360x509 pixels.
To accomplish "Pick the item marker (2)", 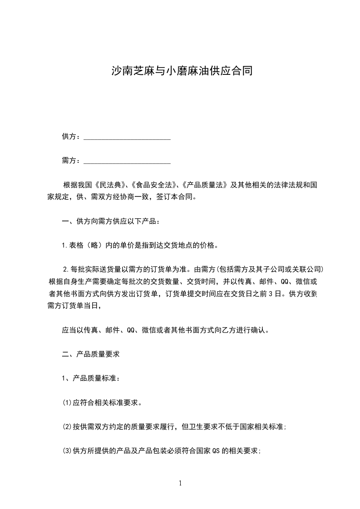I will pyautogui.click(x=67, y=427).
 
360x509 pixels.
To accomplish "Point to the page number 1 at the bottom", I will pyautogui.click(x=180, y=483).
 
